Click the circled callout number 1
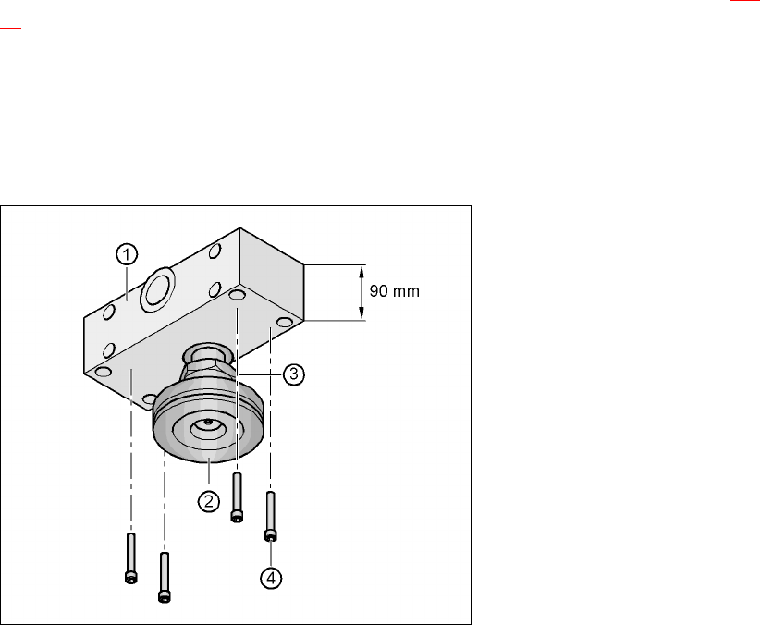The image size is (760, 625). pyautogui.click(x=127, y=254)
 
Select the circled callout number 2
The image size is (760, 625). pyautogui.click(x=209, y=501)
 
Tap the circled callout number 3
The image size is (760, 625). pyautogui.click(x=293, y=374)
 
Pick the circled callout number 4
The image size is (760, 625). pyautogui.click(x=271, y=578)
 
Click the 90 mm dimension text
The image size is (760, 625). pyautogui.click(x=395, y=291)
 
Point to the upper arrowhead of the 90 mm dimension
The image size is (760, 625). pyautogui.click(x=362, y=272)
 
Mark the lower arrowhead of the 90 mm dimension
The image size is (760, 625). pyautogui.click(x=362, y=313)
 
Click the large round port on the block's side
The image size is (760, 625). pyautogui.click(x=157, y=289)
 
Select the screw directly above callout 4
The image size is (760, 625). pyautogui.click(x=271, y=516)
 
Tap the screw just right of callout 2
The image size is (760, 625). pyautogui.click(x=237, y=497)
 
